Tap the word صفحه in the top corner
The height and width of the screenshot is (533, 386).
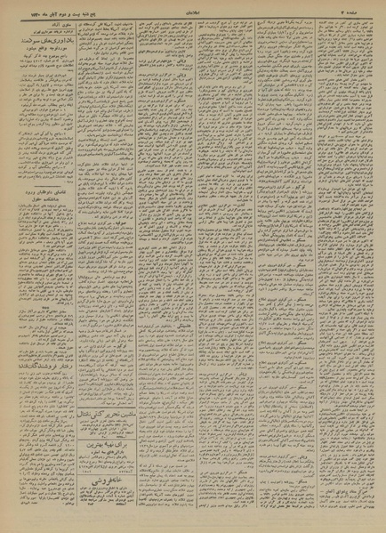(370, 8)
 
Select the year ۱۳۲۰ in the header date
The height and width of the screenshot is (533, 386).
(20, 8)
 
